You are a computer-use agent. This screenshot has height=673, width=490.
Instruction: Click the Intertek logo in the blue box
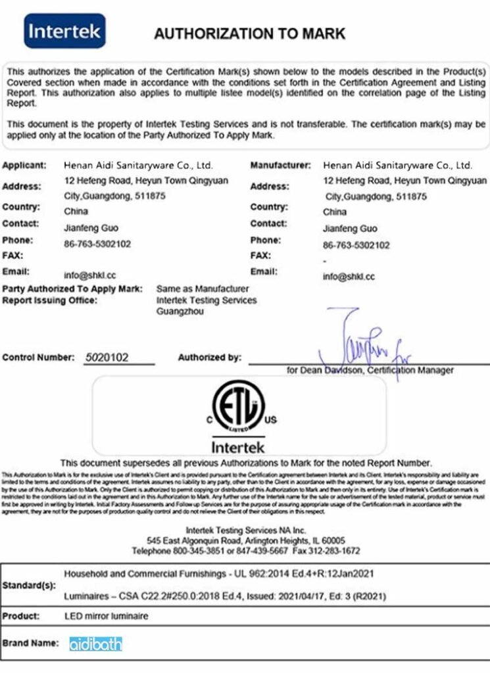tap(64, 31)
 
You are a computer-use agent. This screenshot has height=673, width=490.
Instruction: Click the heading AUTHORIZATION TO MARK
tap(249, 34)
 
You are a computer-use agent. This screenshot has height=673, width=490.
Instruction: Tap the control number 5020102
tap(107, 358)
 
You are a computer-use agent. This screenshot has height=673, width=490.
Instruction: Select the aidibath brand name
tap(95, 644)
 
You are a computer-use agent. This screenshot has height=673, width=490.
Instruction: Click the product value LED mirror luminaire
tap(106, 616)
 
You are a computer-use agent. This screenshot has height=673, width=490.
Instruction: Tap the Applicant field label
tap(24, 165)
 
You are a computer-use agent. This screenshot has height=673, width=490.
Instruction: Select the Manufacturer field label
tap(280, 165)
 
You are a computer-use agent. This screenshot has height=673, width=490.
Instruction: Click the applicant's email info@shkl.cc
tap(90, 275)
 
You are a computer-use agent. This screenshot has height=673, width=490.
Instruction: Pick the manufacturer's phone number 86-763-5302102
tap(356, 245)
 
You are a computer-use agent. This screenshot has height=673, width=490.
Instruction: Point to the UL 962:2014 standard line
tap(218, 574)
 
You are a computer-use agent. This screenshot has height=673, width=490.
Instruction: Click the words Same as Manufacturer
tap(203, 289)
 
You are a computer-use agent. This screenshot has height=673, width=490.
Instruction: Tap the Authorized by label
tap(209, 358)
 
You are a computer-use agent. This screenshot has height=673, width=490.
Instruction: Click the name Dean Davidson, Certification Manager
tap(370, 371)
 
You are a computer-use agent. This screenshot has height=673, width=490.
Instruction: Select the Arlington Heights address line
tap(245, 540)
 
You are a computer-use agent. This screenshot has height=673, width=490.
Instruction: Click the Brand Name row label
tap(30, 643)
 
